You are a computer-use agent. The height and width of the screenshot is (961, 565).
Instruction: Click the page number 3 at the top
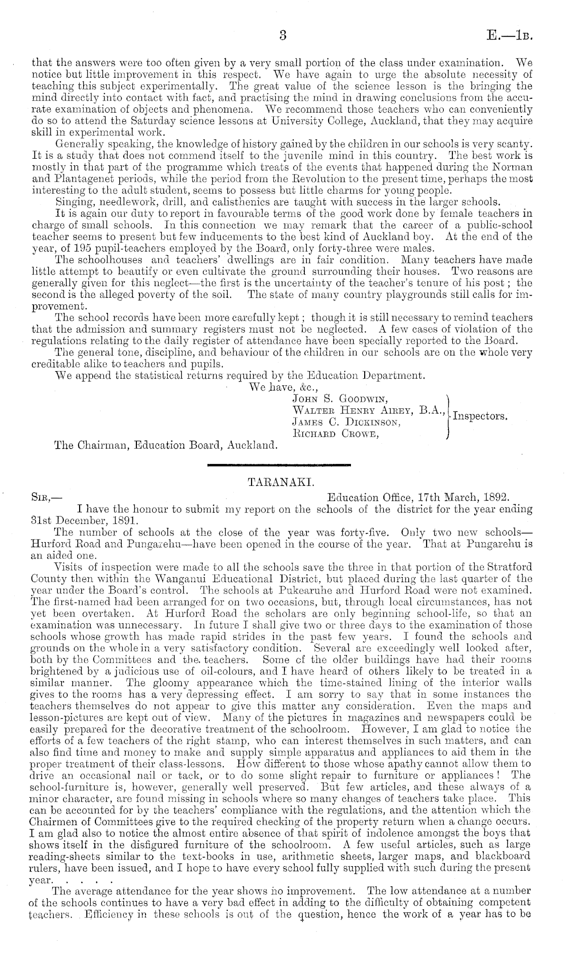[x=282, y=35]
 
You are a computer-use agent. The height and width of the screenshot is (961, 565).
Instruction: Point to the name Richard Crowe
[x=336, y=433]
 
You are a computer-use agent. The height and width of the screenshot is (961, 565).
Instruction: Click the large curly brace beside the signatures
[x=447, y=415]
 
